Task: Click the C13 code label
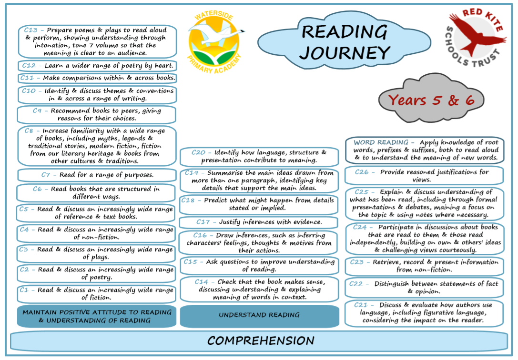tap(30, 30)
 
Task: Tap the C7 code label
tap(46, 175)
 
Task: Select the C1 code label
tap(24, 290)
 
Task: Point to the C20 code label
tap(198, 152)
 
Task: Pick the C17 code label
tap(203, 222)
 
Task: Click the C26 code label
tap(362, 172)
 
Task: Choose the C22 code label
tap(356, 284)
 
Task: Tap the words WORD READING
tap(381, 142)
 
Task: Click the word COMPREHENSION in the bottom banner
tap(261, 340)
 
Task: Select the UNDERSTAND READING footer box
tap(259, 315)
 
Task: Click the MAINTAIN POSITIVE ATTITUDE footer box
tap(97, 317)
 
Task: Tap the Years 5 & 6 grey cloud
tap(431, 99)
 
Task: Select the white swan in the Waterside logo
tap(221, 35)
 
